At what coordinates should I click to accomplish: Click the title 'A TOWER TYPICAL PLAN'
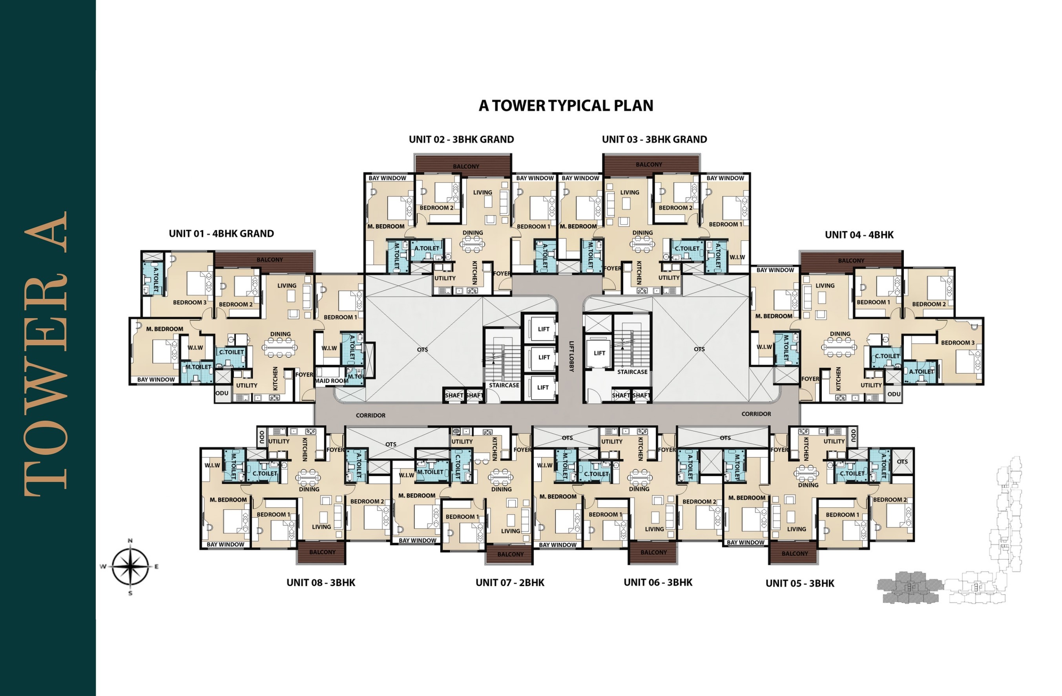pos(566,106)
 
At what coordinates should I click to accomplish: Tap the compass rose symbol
pos(130,566)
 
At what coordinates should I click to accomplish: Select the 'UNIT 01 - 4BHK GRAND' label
pos(221,233)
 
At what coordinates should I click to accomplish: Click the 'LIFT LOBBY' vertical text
pos(571,356)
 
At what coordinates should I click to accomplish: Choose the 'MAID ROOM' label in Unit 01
pos(332,381)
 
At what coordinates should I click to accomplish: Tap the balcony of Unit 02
pos(463,164)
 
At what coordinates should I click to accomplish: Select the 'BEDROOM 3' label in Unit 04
pos(958,343)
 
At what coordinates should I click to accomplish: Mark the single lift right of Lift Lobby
pos(599,353)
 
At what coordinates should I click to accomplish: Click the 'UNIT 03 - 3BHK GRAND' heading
pos(654,139)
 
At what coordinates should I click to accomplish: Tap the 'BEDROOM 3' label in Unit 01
pos(190,302)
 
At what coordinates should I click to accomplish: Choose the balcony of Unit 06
pos(653,553)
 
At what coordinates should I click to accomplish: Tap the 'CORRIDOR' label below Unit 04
pos(756,414)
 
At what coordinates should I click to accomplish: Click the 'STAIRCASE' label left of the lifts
pos(504,385)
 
